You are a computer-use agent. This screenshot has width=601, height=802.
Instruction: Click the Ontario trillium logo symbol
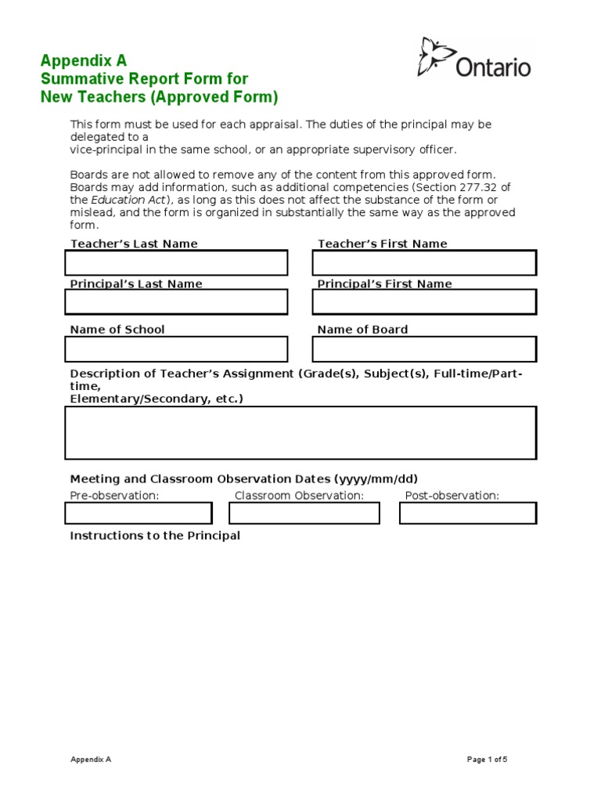tap(436, 57)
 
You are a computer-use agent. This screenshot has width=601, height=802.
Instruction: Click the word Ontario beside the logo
tap(493, 67)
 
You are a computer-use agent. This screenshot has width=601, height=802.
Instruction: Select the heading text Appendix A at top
tap(83, 60)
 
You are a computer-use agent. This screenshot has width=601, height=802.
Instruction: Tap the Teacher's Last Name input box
tap(176, 263)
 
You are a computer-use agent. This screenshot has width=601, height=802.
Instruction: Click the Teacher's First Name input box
tap(424, 263)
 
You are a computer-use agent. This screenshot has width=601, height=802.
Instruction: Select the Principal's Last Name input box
tap(176, 302)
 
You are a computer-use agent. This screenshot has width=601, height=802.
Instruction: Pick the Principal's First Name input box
tap(424, 302)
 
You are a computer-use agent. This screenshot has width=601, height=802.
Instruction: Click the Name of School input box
tap(176, 349)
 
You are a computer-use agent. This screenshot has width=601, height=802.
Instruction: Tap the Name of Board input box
tap(424, 349)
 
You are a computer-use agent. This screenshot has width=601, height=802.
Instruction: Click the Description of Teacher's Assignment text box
tap(300, 432)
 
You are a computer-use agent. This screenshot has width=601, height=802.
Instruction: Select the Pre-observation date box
tap(139, 513)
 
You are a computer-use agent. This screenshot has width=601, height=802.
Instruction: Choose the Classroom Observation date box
tap(304, 513)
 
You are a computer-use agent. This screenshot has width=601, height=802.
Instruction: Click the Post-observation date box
tap(467, 513)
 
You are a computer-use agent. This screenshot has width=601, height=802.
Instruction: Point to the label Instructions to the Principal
tap(155, 536)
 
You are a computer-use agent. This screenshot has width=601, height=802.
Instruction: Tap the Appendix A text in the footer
tap(91, 759)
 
